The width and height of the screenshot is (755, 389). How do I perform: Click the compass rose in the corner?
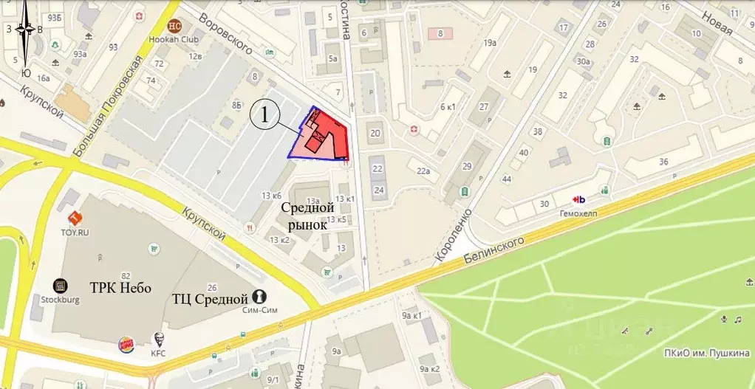click(27, 30)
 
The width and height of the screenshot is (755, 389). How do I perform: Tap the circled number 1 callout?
click(265, 116)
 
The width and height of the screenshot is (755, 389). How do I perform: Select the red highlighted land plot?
click(325, 137)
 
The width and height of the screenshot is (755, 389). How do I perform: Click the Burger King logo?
click(127, 345)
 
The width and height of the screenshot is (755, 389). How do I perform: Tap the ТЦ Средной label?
click(208, 299)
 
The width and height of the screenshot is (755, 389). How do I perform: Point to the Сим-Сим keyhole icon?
click(259, 296)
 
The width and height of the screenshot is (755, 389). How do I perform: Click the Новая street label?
click(717, 23)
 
